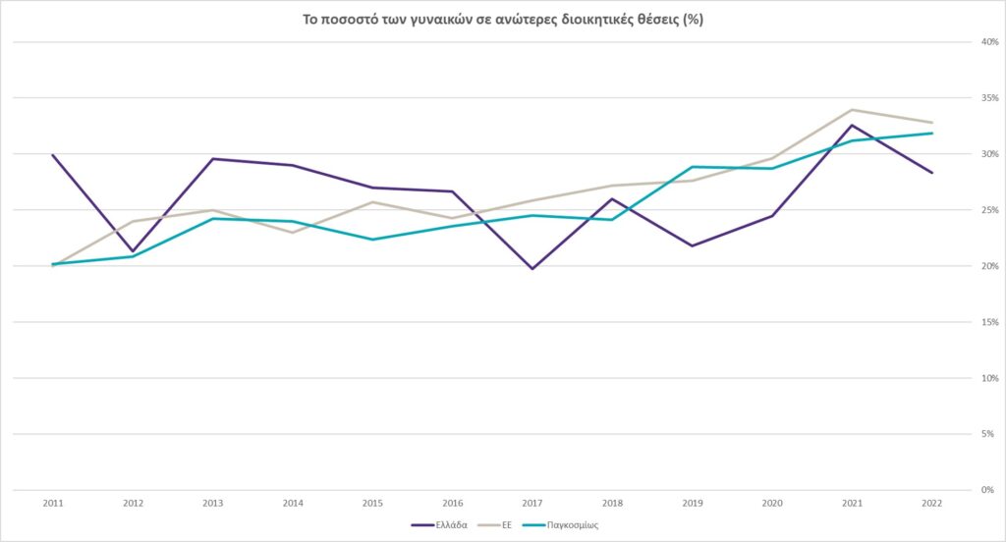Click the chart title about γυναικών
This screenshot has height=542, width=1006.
(502, 20)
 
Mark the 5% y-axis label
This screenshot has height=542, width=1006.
(985, 434)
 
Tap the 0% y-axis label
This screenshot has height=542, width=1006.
(985, 490)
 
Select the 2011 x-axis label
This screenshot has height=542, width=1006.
(53, 503)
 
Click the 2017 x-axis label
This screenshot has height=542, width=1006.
(532, 503)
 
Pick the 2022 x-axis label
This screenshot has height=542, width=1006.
(932, 503)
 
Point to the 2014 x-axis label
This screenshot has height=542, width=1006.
(293, 503)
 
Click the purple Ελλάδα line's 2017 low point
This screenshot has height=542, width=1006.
(532, 268)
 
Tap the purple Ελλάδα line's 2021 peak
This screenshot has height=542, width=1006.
(852, 125)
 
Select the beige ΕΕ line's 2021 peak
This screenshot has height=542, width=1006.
(852, 110)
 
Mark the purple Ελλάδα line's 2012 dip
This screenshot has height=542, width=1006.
(133, 251)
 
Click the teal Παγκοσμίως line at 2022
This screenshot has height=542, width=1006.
(932, 134)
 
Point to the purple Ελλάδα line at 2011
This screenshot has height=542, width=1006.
(53, 155)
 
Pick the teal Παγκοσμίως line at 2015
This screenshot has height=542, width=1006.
(372, 240)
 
